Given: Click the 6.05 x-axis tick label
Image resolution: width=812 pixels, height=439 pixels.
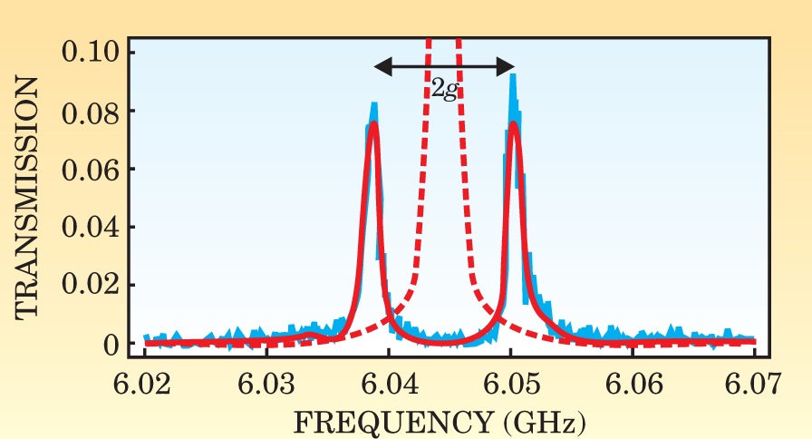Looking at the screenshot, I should pos(510,385).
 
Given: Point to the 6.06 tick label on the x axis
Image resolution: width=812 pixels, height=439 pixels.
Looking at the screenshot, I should pos(633,385).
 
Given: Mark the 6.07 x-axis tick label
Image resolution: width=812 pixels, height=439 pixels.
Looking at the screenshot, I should pos(754,385).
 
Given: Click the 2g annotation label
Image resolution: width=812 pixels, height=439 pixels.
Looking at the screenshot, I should pos(444,88).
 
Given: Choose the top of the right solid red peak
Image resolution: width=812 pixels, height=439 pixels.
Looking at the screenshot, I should pos(514,123).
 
